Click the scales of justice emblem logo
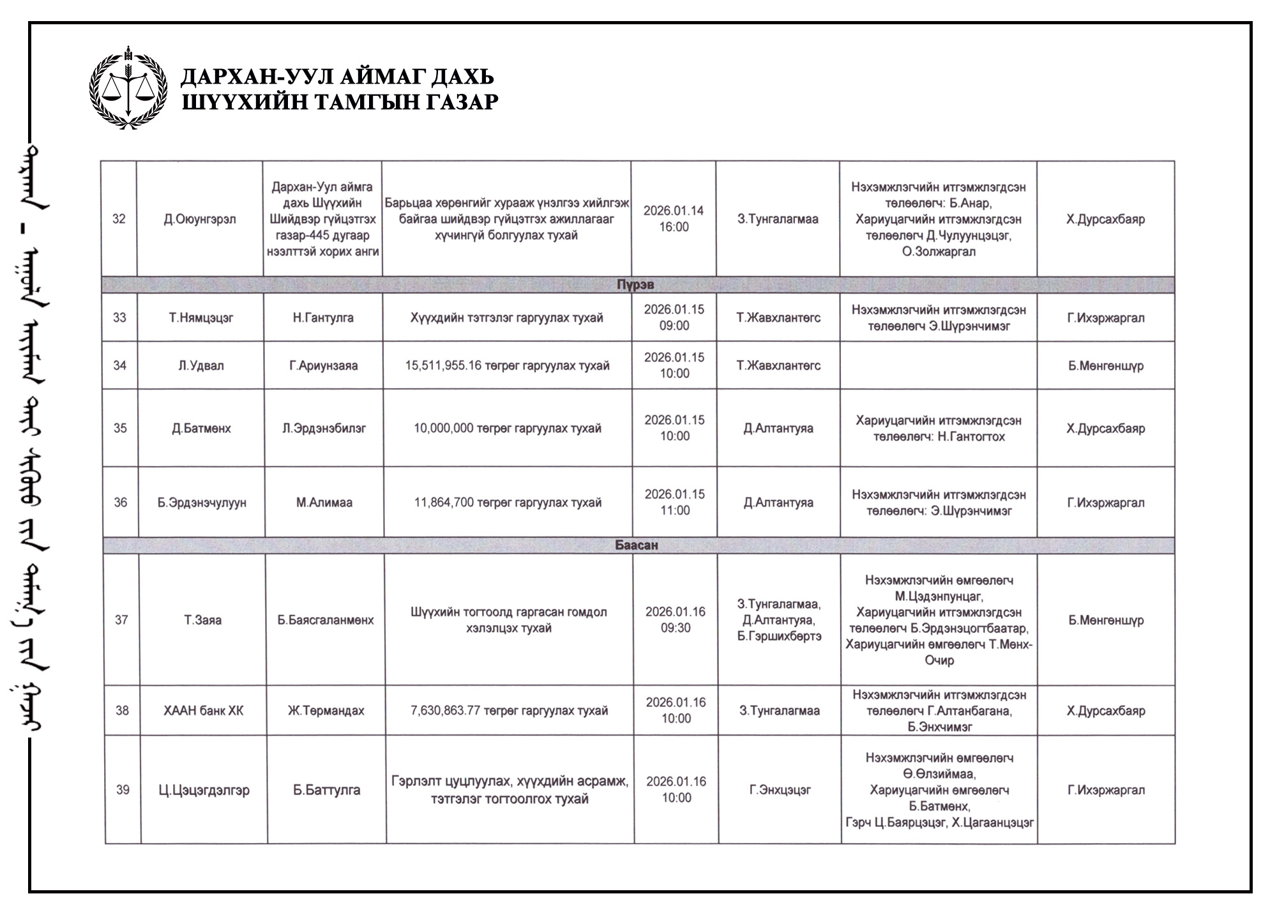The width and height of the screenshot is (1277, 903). pos(128,87)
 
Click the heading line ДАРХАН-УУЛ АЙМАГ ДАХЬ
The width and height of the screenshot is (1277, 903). pos(338,77)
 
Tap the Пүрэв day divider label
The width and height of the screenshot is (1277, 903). pos(635,285)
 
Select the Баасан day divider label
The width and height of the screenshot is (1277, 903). pos(637,545)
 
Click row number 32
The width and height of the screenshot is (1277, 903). pos(119,219)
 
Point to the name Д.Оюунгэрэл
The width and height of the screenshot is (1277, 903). pos(200,219)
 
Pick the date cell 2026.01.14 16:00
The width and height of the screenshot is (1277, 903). pos(674,218)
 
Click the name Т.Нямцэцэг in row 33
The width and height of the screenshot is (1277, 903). pos(201,317)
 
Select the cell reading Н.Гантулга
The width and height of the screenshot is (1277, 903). pos(323,317)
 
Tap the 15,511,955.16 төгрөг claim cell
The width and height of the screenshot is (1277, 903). pos(508,365)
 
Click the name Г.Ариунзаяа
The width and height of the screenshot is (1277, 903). pos(324,365)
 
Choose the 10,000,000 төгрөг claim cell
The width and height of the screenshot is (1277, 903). pos(508,428)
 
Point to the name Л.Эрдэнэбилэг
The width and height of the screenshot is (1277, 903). pos(324,428)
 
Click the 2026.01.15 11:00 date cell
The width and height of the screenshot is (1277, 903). pos(675,502)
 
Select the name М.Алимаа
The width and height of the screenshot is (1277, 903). pos(324,503)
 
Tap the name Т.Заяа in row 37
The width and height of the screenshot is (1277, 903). pos(203,619)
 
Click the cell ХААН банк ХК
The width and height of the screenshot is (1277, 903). pos(204,711)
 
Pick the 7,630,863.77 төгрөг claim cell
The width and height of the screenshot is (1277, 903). pos(510,711)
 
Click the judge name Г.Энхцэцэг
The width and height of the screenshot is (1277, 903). pos(780,790)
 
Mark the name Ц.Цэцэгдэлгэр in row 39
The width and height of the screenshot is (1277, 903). pos(204,790)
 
